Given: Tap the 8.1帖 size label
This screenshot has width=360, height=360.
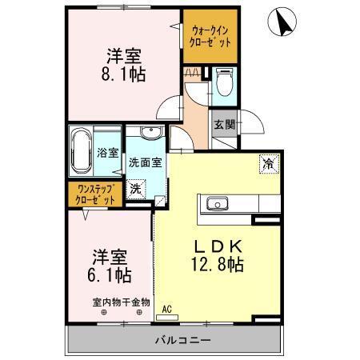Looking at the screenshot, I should click(x=124, y=73).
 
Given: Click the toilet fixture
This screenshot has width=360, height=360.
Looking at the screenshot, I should click(x=225, y=81).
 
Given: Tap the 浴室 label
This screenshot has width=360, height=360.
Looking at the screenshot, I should click(x=107, y=151).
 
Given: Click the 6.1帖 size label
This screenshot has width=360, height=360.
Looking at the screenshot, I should click(x=110, y=274).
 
